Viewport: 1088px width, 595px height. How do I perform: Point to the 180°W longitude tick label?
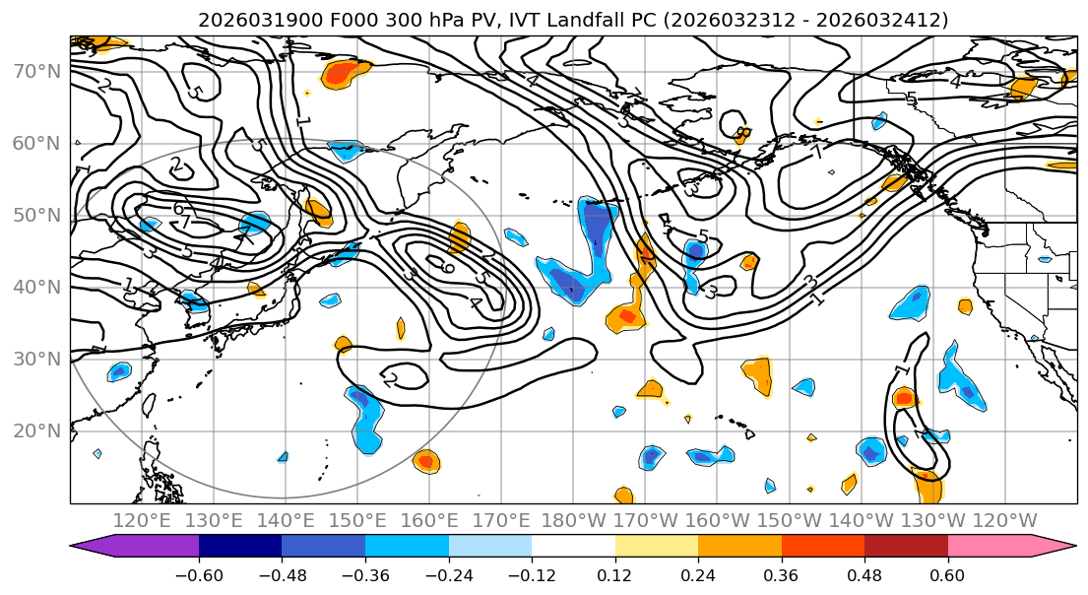(573, 520)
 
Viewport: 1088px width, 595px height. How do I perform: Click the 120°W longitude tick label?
(1004, 520)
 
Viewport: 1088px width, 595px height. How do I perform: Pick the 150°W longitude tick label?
(790, 520)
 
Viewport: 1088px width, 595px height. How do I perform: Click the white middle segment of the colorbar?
(573, 547)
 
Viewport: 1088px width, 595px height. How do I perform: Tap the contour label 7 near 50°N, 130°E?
(184, 224)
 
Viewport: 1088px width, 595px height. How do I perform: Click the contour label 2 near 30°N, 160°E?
(390, 379)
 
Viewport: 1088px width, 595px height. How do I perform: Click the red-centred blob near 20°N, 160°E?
(424, 460)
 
